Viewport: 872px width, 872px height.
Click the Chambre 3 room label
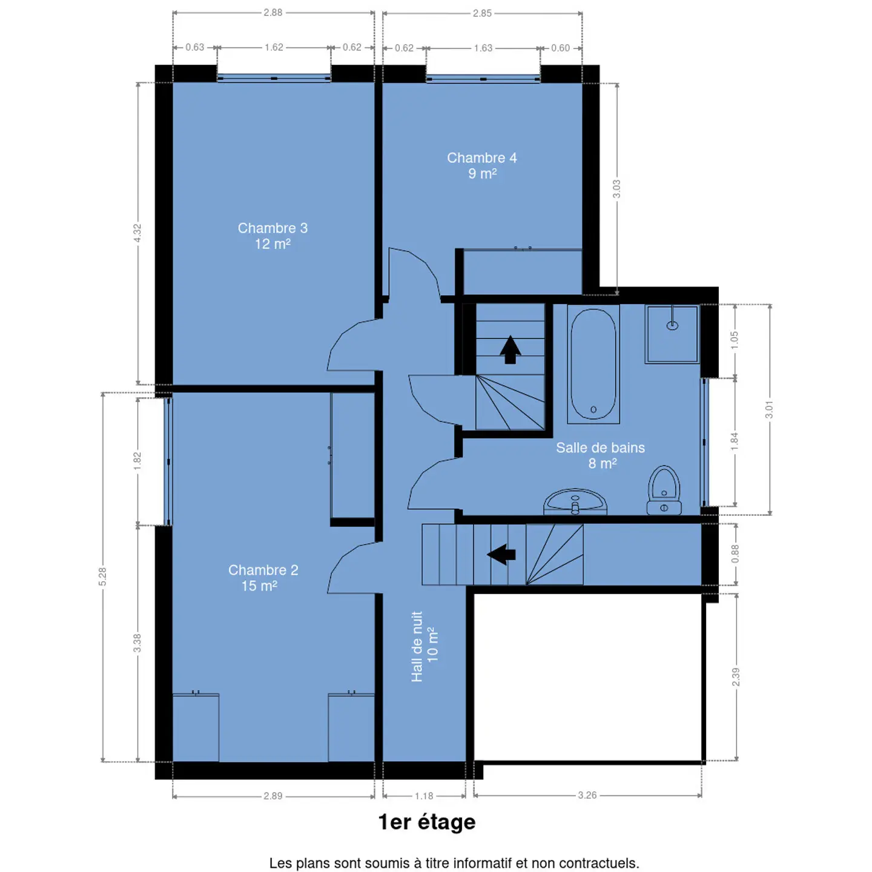272,236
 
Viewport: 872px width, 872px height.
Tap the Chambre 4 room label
482,166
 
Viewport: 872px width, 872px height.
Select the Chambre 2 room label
263,578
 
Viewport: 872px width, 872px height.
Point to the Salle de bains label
601,456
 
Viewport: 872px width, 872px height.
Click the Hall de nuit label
424,647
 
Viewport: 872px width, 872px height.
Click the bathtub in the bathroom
593,365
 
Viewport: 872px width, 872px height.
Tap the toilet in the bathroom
664,490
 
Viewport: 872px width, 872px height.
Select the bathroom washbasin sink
575,502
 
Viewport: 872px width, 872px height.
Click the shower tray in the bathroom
672,334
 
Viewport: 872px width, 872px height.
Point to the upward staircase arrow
510,350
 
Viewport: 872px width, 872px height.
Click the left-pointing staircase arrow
501,554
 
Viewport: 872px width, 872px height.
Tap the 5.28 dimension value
103,576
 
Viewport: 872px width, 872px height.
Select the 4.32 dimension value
137,233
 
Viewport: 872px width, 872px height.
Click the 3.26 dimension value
587,796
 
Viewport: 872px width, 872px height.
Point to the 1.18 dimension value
424,796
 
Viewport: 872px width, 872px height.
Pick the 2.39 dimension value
736,677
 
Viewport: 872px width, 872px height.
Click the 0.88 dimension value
735,554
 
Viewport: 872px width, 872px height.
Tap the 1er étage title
427,822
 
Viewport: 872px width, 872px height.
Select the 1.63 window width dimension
483,48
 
